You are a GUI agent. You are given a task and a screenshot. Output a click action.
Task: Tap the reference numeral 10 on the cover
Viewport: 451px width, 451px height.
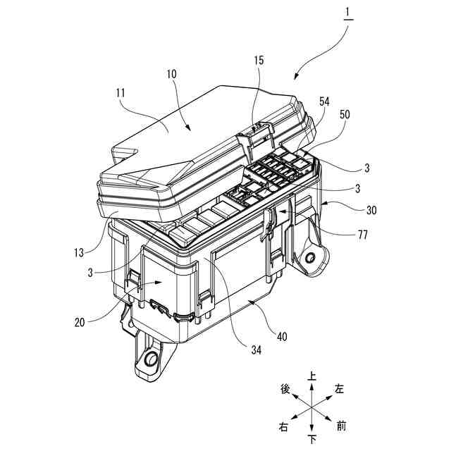[172, 73]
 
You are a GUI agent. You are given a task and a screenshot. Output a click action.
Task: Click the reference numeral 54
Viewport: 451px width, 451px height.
[324, 103]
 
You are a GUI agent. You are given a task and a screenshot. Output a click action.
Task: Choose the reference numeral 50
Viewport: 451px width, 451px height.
[345, 114]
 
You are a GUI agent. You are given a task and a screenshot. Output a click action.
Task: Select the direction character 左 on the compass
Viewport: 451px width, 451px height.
[340, 388]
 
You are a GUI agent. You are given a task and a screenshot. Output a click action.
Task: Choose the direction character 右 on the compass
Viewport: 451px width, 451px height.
[284, 427]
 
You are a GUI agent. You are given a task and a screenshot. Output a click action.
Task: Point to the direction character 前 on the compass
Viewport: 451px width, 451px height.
[342, 426]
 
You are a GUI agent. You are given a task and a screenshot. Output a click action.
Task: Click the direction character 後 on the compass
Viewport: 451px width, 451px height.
[285, 390]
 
